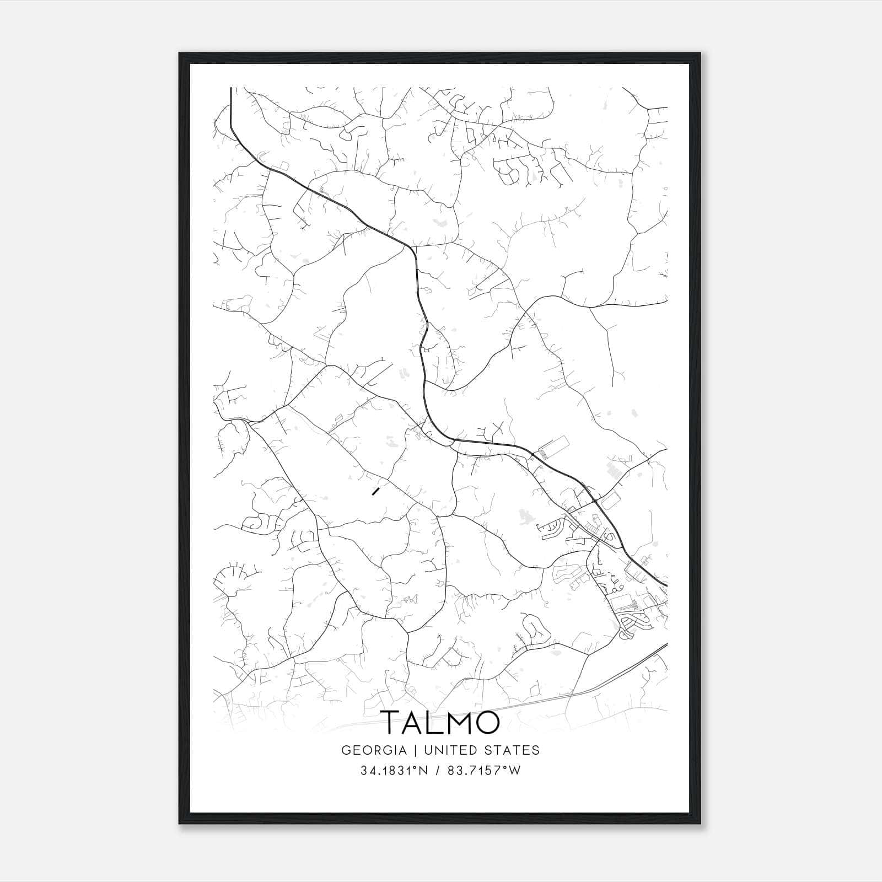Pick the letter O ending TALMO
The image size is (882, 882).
point(488,723)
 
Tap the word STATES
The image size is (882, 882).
point(515,750)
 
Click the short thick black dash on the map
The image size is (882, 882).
point(376,491)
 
